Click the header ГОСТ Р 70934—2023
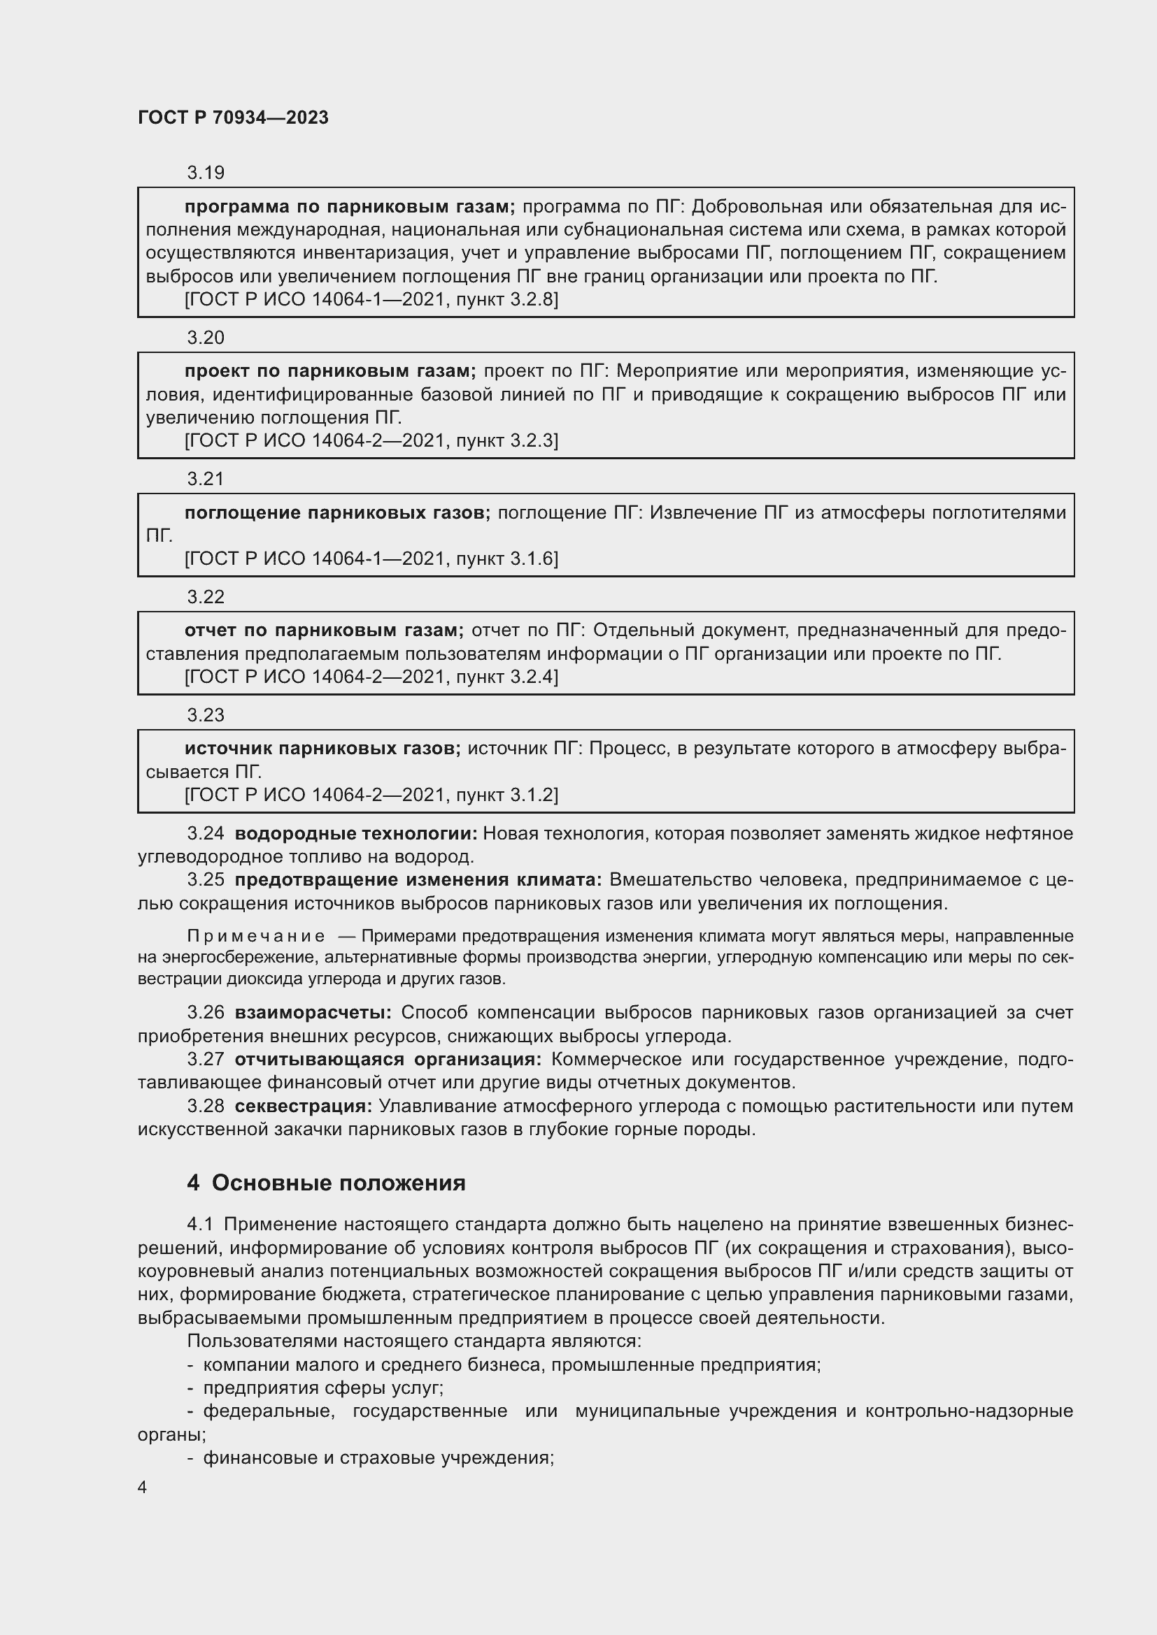[x=233, y=117]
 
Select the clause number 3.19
[x=205, y=173]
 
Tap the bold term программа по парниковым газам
[x=349, y=206]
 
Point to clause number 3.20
[x=205, y=338]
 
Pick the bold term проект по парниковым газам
[x=330, y=371]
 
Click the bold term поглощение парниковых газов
[x=337, y=512]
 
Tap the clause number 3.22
[x=205, y=597]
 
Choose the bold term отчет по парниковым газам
[x=323, y=631]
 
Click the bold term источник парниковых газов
[x=322, y=749]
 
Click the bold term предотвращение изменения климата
[x=418, y=880]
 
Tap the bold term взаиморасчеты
[x=313, y=1013]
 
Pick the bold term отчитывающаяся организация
[x=388, y=1060]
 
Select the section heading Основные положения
[x=339, y=1183]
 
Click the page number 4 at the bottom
[x=143, y=1488]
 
